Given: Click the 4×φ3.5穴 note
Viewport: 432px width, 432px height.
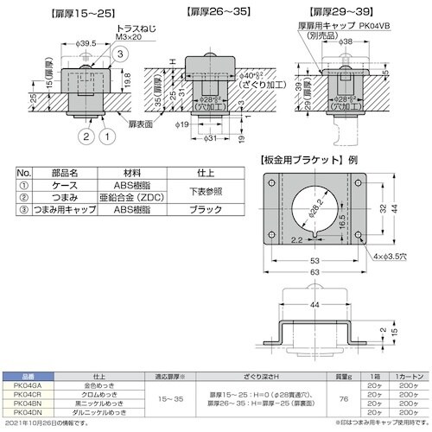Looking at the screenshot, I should [x=389, y=256].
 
